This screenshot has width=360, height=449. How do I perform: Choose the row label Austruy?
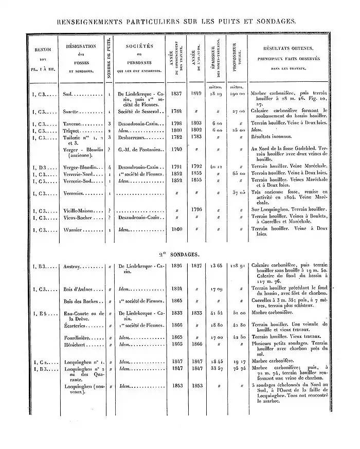pos(73,266)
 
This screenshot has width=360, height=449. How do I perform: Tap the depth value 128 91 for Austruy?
pos(237,266)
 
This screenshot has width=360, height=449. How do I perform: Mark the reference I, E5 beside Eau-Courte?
pos(42,313)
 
